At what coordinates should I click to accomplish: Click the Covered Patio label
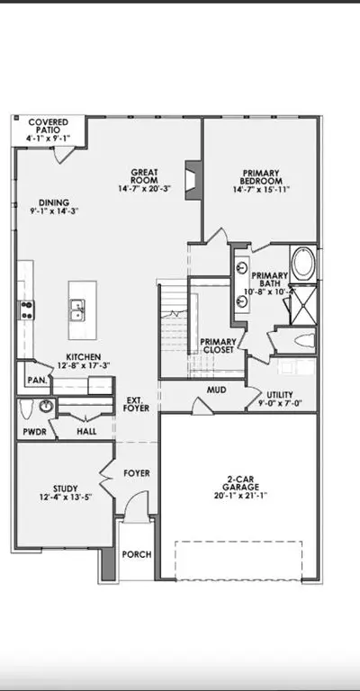[x=48, y=126]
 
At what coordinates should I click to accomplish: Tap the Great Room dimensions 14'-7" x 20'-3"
[x=144, y=189]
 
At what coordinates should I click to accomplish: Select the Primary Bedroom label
[x=261, y=176]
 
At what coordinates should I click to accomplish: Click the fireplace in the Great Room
[x=193, y=180]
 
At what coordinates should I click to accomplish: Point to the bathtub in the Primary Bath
[x=304, y=264]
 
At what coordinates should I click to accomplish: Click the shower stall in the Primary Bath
[x=303, y=304]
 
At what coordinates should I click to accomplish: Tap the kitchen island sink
[x=77, y=309]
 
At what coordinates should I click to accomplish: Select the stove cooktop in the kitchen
[x=26, y=310]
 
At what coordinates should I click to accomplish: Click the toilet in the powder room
[x=26, y=409]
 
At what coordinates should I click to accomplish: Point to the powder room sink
[x=46, y=406]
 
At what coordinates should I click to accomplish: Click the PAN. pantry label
[x=38, y=380]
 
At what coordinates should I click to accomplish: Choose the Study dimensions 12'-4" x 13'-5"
[x=66, y=497]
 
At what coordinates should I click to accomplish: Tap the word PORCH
[x=137, y=554]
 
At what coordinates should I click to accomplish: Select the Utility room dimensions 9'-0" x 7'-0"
[x=280, y=403]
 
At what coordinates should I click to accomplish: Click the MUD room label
[x=217, y=390]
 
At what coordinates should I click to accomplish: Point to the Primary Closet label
[x=218, y=345]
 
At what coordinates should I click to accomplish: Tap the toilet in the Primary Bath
[x=304, y=340]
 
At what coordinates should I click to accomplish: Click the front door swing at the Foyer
[x=137, y=506]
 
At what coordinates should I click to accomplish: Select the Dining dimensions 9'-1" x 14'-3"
[x=54, y=211]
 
